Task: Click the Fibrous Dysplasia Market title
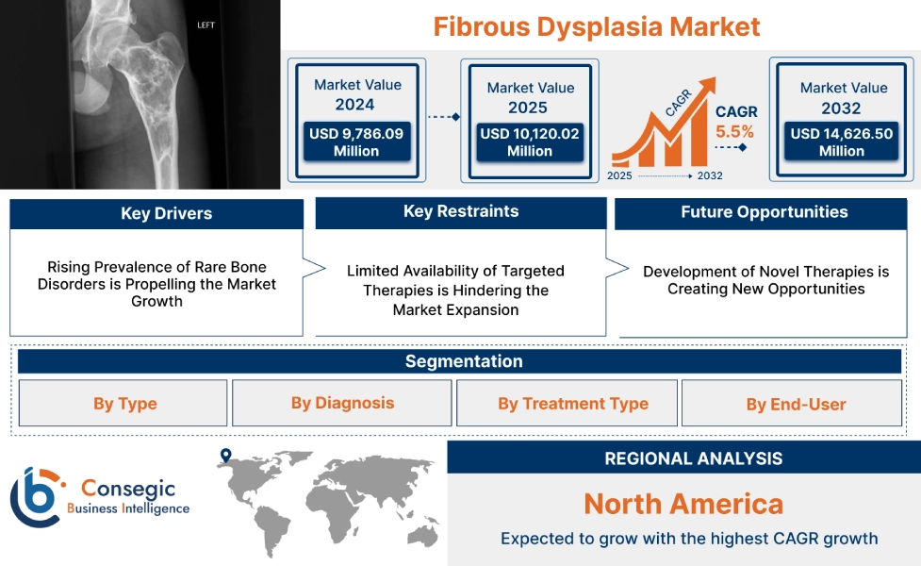pos(596,25)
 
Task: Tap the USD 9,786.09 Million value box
pos(355,142)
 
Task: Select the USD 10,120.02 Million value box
pos(529,142)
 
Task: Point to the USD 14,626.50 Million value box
pos(842,142)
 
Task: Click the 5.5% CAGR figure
pos(734,132)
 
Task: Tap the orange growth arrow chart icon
pos(659,132)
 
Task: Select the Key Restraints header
pos(460,212)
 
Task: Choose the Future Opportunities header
pos(764,212)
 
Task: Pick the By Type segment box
pos(124,404)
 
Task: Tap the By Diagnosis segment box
pos(342,403)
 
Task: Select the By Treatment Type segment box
pos(572,404)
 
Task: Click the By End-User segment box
pos(796,405)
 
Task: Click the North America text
pos(683,504)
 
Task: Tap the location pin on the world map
pos(225,456)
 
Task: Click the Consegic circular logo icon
pos(35,496)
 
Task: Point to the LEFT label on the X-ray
pos(206,25)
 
